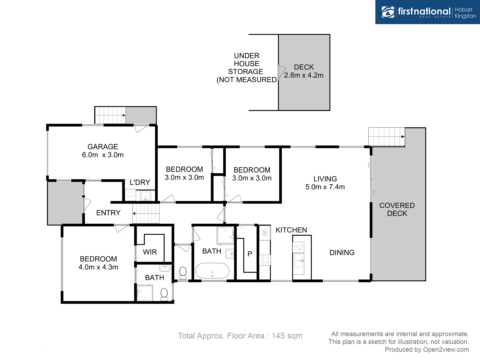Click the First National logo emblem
tap(388, 12)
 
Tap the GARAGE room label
tap(103, 147)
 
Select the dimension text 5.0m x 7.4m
tap(325, 187)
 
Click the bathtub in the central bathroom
tap(212, 271)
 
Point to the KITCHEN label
tap(291, 230)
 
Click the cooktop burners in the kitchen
tap(265, 260)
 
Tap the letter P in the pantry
tap(250, 254)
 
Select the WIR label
tap(150, 252)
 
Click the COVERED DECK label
tap(397, 209)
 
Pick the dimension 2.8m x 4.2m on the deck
tap(304, 75)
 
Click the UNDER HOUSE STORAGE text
tap(246, 68)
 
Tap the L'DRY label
tap(140, 182)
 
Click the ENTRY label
tap(108, 213)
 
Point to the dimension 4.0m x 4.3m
tap(98, 267)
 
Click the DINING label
tap(342, 253)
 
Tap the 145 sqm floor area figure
tap(287, 336)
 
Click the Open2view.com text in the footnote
tap(446, 349)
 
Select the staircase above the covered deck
tap(386, 137)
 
